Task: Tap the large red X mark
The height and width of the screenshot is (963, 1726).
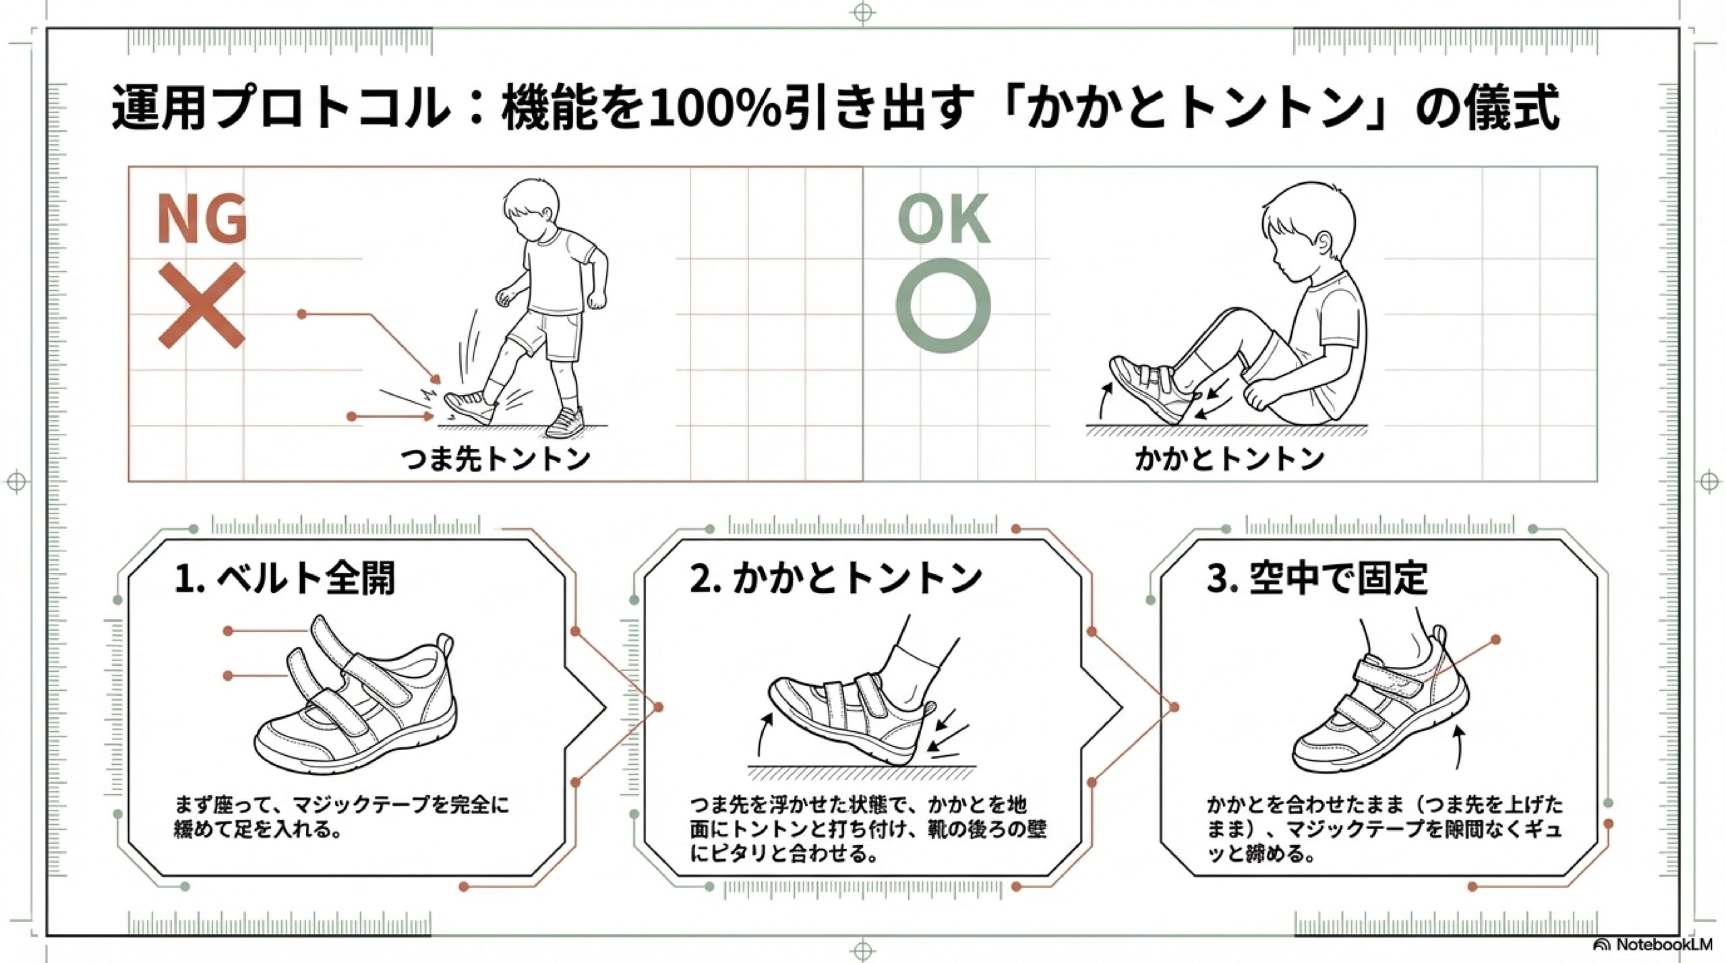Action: point(202,305)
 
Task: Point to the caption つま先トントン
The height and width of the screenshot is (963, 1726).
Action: point(496,459)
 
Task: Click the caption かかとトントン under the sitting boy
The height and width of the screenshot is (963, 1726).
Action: point(1229,458)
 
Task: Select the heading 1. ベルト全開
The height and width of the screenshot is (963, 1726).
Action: point(285,578)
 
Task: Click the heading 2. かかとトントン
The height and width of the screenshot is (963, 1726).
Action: point(836,578)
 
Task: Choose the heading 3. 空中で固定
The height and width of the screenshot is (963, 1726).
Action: point(1317,578)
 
